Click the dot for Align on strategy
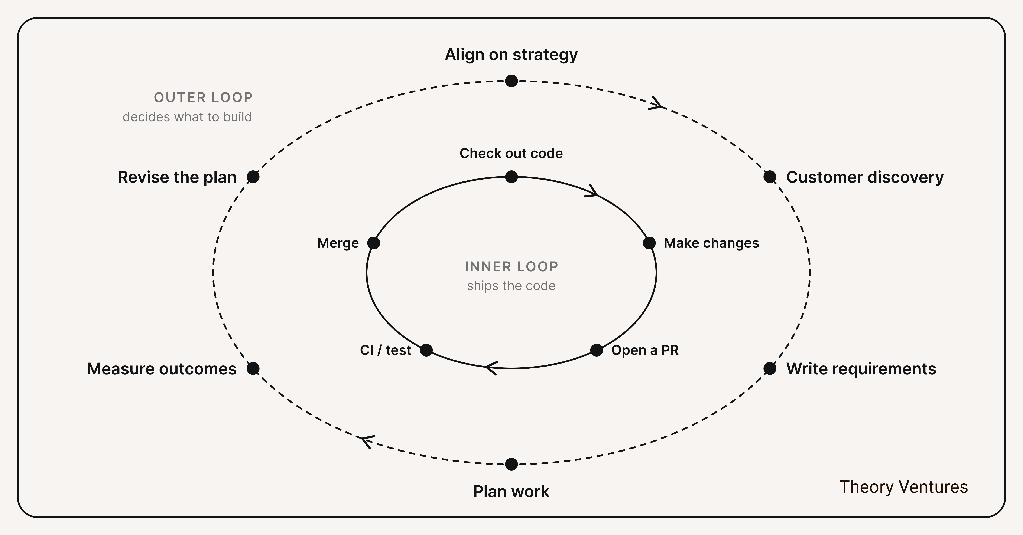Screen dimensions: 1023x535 pos(511,81)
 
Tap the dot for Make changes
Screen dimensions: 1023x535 pos(649,243)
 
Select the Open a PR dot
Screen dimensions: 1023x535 pos(597,350)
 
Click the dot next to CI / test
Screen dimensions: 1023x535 pos(426,350)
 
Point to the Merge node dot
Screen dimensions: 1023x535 pos(374,243)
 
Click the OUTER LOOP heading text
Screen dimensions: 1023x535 pos(203,98)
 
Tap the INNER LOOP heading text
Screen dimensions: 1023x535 pos(511,267)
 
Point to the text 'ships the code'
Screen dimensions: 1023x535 pos(511,286)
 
